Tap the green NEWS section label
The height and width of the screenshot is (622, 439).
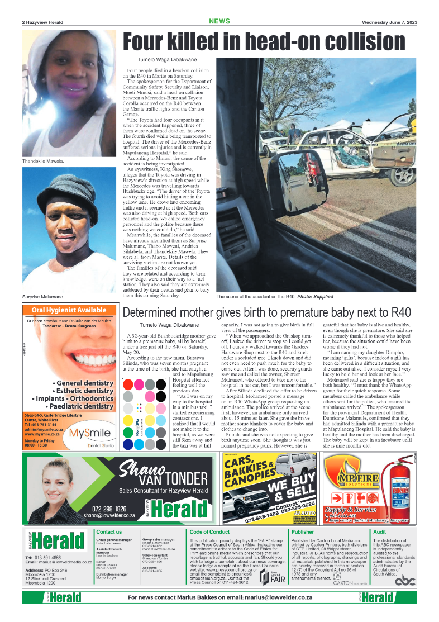(219, 21)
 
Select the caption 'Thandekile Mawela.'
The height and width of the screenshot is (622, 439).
(43, 161)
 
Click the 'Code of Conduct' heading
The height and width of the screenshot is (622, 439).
(209, 532)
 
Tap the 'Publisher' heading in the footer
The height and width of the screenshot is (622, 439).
(303, 532)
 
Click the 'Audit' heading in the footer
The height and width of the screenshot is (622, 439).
(379, 532)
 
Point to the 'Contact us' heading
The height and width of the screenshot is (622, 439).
(109, 532)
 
